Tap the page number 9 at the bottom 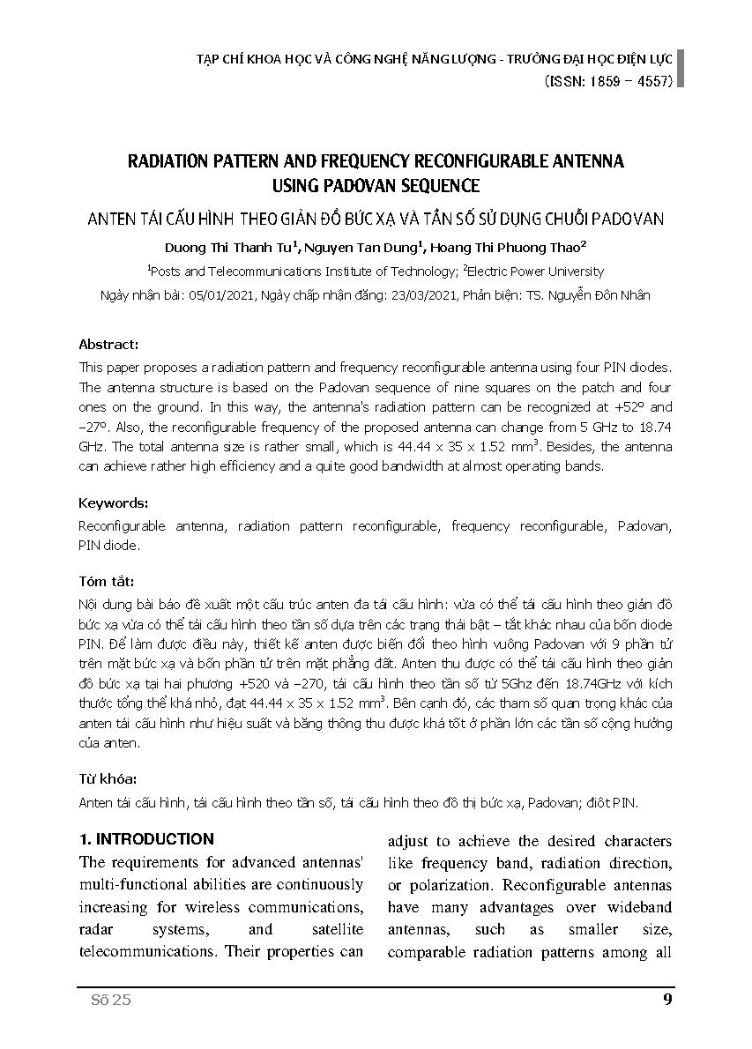666,999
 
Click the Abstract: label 108,345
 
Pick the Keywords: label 114,502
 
